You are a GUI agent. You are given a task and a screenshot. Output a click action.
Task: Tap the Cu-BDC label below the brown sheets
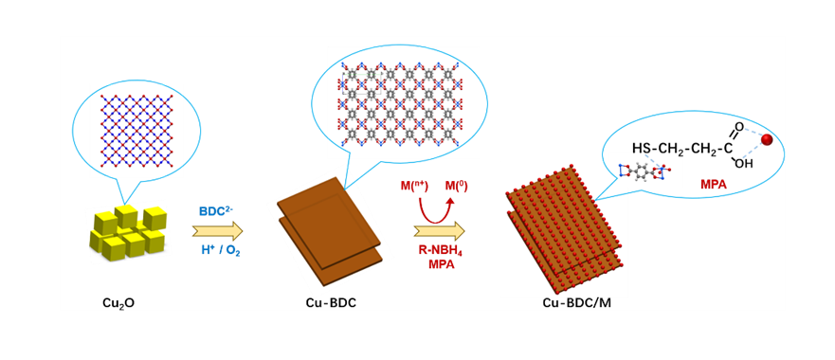[331, 303]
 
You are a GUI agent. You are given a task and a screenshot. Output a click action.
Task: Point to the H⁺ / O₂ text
[219, 250]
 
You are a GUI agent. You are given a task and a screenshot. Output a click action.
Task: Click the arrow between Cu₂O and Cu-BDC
[217, 230]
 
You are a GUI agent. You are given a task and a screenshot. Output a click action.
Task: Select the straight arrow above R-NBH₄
[440, 230]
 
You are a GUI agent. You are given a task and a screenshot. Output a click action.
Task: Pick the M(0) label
[455, 187]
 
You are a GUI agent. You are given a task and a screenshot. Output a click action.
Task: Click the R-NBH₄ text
[440, 249]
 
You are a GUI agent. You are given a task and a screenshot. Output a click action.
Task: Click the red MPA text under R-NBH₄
[441, 263]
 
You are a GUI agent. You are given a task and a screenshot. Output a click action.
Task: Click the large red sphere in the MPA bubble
[768, 140]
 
